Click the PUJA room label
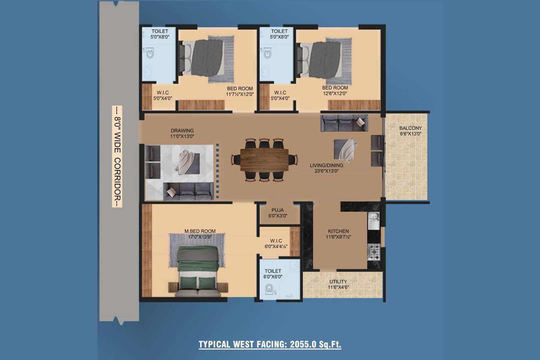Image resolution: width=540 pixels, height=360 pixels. tap(277, 210)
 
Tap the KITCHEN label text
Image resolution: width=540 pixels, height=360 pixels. tap(338, 231)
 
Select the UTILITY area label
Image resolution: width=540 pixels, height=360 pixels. tap(338, 281)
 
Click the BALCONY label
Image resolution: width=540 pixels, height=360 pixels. tap(410, 128)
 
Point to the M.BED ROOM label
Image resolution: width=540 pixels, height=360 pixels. tap(200, 231)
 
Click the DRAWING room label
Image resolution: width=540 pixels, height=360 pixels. tap(182, 131)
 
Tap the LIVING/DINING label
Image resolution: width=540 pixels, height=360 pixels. tap(326, 166)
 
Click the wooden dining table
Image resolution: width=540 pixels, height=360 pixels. tap(265, 160)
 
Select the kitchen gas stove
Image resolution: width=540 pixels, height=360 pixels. tap(374, 252)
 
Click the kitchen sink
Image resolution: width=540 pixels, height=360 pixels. tap(374, 221)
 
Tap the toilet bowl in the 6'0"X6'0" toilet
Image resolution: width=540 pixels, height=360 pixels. tap(269, 289)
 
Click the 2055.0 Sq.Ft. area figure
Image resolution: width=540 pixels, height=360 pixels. tap(316, 344)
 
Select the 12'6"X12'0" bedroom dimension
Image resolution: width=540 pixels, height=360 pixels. tap(335, 93)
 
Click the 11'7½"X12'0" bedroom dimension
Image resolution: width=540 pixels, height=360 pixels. tap(240, 94)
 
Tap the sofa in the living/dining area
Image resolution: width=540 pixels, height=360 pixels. tap(344, 123)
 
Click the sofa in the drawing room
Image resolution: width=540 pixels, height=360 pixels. tap(188, 192)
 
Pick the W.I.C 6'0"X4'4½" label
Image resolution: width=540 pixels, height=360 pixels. tap(276, 244)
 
